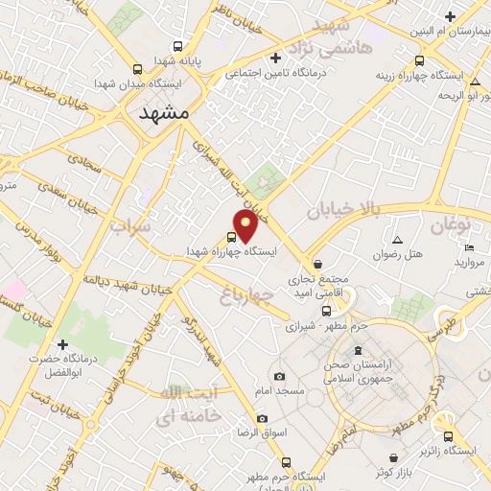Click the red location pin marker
coord(247,224)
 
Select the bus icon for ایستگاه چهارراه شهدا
coord(232,236)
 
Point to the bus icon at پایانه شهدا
coord(177,45)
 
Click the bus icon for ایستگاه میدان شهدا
coord(137,69)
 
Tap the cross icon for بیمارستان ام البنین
coord(450,15)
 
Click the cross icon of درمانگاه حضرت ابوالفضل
coord(63,343)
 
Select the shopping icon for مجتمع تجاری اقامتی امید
coord(317,264)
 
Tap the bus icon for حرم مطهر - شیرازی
coord(326,311)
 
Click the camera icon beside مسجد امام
coord(279,377)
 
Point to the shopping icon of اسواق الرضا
coord(263,419)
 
